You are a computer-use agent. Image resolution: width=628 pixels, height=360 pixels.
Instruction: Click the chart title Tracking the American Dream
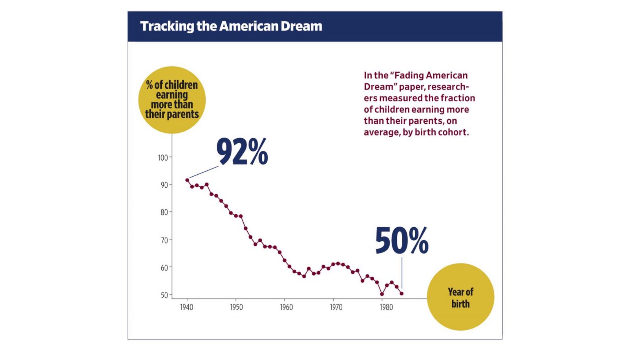click(231, 26)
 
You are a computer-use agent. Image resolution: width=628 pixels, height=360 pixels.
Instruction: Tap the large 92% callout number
click(242, 152)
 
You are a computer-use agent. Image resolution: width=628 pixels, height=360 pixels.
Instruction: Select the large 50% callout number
click(402, 241)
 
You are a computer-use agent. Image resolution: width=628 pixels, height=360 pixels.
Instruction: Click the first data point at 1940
click(187, 180)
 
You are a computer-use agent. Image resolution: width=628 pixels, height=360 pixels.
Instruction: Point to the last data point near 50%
click(402, 294)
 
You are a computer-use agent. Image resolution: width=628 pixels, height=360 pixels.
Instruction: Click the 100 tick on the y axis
click(163, 158)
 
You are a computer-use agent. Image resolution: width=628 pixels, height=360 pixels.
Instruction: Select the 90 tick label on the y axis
click(164, 185)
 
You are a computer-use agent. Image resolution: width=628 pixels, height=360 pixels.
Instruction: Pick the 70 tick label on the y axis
click(164, 240)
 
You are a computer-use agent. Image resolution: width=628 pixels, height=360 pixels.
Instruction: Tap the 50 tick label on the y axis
click(164, 295)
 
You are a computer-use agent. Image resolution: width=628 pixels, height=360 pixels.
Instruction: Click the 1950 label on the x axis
click(236, 307)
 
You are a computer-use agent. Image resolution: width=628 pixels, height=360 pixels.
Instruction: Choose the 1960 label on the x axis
click(286, 307)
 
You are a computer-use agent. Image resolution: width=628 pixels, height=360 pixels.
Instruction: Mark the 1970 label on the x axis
click(336, 307)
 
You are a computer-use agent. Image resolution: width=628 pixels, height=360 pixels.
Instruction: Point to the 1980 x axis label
click(386, 307)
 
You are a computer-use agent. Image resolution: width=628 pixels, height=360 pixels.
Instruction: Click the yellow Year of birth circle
click(460, 297)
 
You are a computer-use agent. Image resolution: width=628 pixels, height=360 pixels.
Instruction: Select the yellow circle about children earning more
click(172, 100)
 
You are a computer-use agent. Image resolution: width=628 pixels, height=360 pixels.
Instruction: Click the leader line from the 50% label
click(402, 273)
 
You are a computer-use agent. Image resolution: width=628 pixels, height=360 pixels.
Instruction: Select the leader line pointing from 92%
click(204, 172)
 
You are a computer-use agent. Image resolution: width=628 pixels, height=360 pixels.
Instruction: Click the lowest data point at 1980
click(382, 294)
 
